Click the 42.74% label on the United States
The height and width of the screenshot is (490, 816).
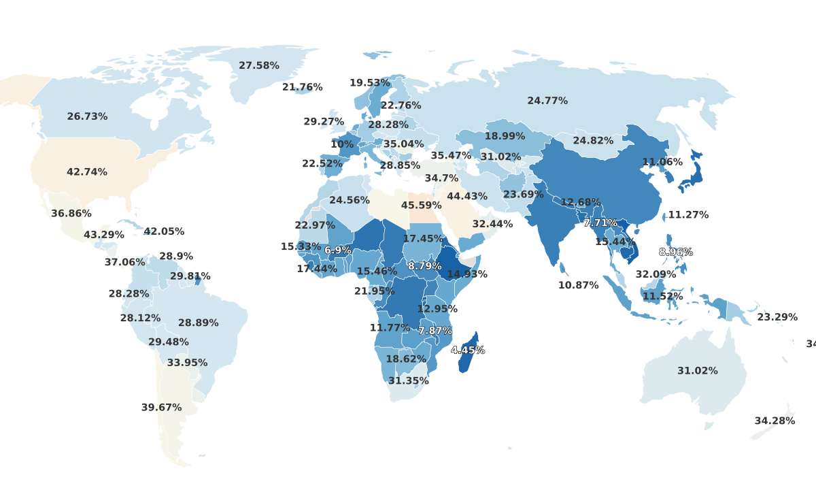point(87,172)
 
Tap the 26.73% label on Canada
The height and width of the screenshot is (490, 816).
point(87,117)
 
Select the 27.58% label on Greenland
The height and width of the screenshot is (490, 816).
point(259,66)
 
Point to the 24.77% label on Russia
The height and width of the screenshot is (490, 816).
point(547,101)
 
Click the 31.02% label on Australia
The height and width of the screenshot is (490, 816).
point(697,371)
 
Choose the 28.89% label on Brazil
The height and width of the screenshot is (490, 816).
point(198,323)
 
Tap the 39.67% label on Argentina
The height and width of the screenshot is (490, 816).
point(161,408)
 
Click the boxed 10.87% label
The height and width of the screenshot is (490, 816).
point(578,286)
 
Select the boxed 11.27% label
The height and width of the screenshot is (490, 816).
point(688,215)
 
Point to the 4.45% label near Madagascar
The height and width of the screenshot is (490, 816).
point(468,350)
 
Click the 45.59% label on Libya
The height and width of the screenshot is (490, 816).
point(421,206)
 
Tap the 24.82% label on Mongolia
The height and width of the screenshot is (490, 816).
point(593,141)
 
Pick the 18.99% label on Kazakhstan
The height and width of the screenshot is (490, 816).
point(505,137)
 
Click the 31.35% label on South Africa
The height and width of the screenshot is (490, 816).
point(408,381)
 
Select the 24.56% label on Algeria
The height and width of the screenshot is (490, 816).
point(349,201)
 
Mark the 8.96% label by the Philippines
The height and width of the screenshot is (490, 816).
point(676,252)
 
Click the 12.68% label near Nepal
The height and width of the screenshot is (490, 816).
point(580,203)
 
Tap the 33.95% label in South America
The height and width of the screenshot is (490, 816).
point(187,363)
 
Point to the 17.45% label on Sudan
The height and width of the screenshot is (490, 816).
point(423,239)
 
